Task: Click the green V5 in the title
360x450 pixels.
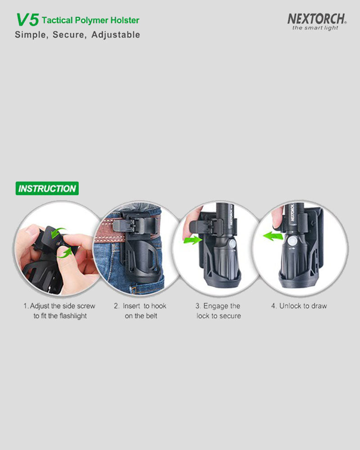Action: pos(27,20)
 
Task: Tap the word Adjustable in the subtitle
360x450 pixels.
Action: pos(116,35)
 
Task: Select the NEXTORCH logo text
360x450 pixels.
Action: pos(317,19)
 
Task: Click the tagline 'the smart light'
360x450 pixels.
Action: pos(315,28)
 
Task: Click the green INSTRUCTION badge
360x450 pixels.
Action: pos(47,188)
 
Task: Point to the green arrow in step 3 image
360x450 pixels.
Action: pos(193,239)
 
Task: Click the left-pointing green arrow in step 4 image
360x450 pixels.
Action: pos(273,237)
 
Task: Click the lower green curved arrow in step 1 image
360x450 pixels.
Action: pos(65,253)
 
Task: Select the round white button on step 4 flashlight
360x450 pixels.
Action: pos(292,241)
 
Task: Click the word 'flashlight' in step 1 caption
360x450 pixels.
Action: pos(73,316)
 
